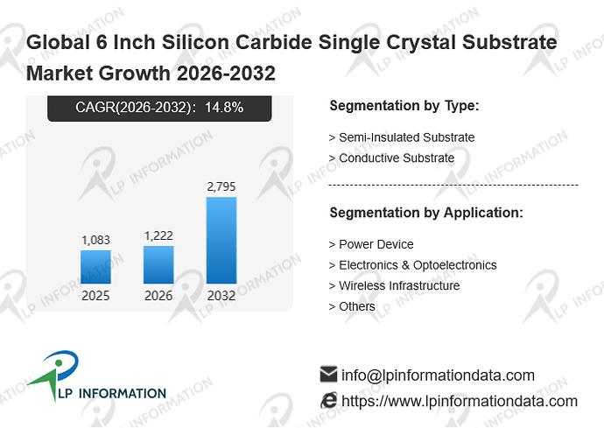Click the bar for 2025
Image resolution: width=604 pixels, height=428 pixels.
click(95, 267)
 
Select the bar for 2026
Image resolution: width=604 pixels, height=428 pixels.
click(158, 264)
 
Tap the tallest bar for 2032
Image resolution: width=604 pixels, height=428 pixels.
click(221, 241)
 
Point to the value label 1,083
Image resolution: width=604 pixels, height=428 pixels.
click(95, 240)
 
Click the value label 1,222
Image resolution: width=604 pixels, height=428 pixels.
click(158, 235)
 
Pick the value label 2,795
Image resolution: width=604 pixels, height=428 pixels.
click(221, 186)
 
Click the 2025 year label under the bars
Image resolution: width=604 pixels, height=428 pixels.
click(95, 296)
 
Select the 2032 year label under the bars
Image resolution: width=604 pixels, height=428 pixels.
click(221, 296)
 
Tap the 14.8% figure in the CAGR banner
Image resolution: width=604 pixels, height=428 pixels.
click(224, 107)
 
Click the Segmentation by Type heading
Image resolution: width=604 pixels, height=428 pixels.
click(404, 106)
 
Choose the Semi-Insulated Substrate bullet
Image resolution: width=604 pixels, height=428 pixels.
click(402, 137)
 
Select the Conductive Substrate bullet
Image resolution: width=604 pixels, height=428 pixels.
click(391, 158)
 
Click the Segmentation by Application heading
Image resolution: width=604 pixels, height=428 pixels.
click(426, 213)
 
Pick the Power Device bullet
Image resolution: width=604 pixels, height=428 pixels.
click(371, 244)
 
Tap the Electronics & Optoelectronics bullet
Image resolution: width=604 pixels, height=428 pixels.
click(412, 265)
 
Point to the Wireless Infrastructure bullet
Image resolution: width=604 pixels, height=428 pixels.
click(394, 285)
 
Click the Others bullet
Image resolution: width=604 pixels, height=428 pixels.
click(352, 306)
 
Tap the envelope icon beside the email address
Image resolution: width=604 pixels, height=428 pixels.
click(328, 374)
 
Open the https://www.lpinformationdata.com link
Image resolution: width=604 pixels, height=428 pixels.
click(460, 401)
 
